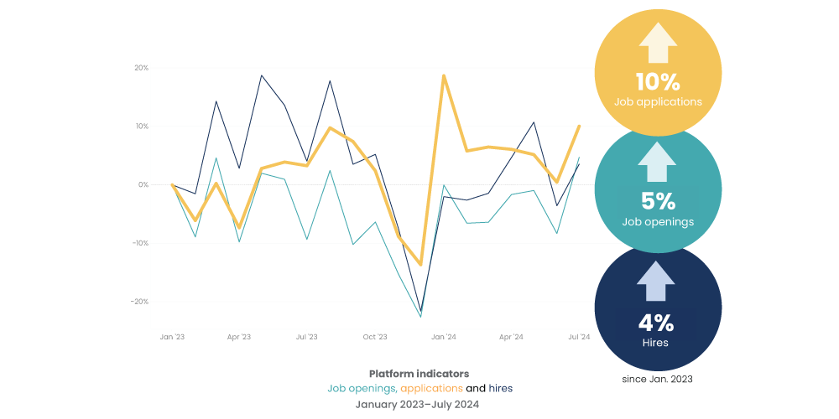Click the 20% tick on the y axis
tap(141, 68)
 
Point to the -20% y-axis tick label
tap(139, 302)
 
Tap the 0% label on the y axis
tap(143, 184)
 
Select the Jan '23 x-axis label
tap(171, 337)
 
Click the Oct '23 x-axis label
tap(374, 337)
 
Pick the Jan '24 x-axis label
tap(443, 337)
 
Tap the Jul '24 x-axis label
tap(579, 337)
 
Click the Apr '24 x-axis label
tap(511, 337)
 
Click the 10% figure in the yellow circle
tap(658, 82)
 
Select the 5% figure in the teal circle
tap(658, 202)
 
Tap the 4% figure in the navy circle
tap(658, 323)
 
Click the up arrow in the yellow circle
tap(658, 43)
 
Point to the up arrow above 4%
tap(658, 282)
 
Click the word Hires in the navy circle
tap(658, 343)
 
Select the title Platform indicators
tap(419, 373)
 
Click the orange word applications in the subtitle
tap(431, 388)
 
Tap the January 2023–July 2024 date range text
tap(419, 403)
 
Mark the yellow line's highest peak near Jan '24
tap(443, 76)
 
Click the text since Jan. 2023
tap(658, 379)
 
